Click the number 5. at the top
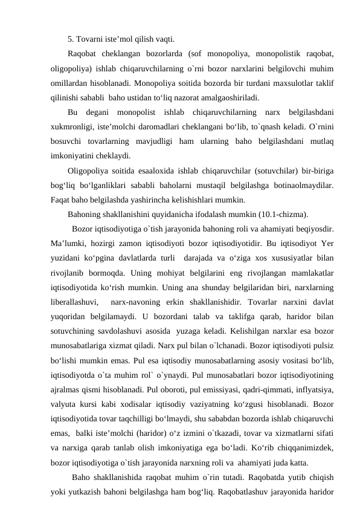(71, 40)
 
